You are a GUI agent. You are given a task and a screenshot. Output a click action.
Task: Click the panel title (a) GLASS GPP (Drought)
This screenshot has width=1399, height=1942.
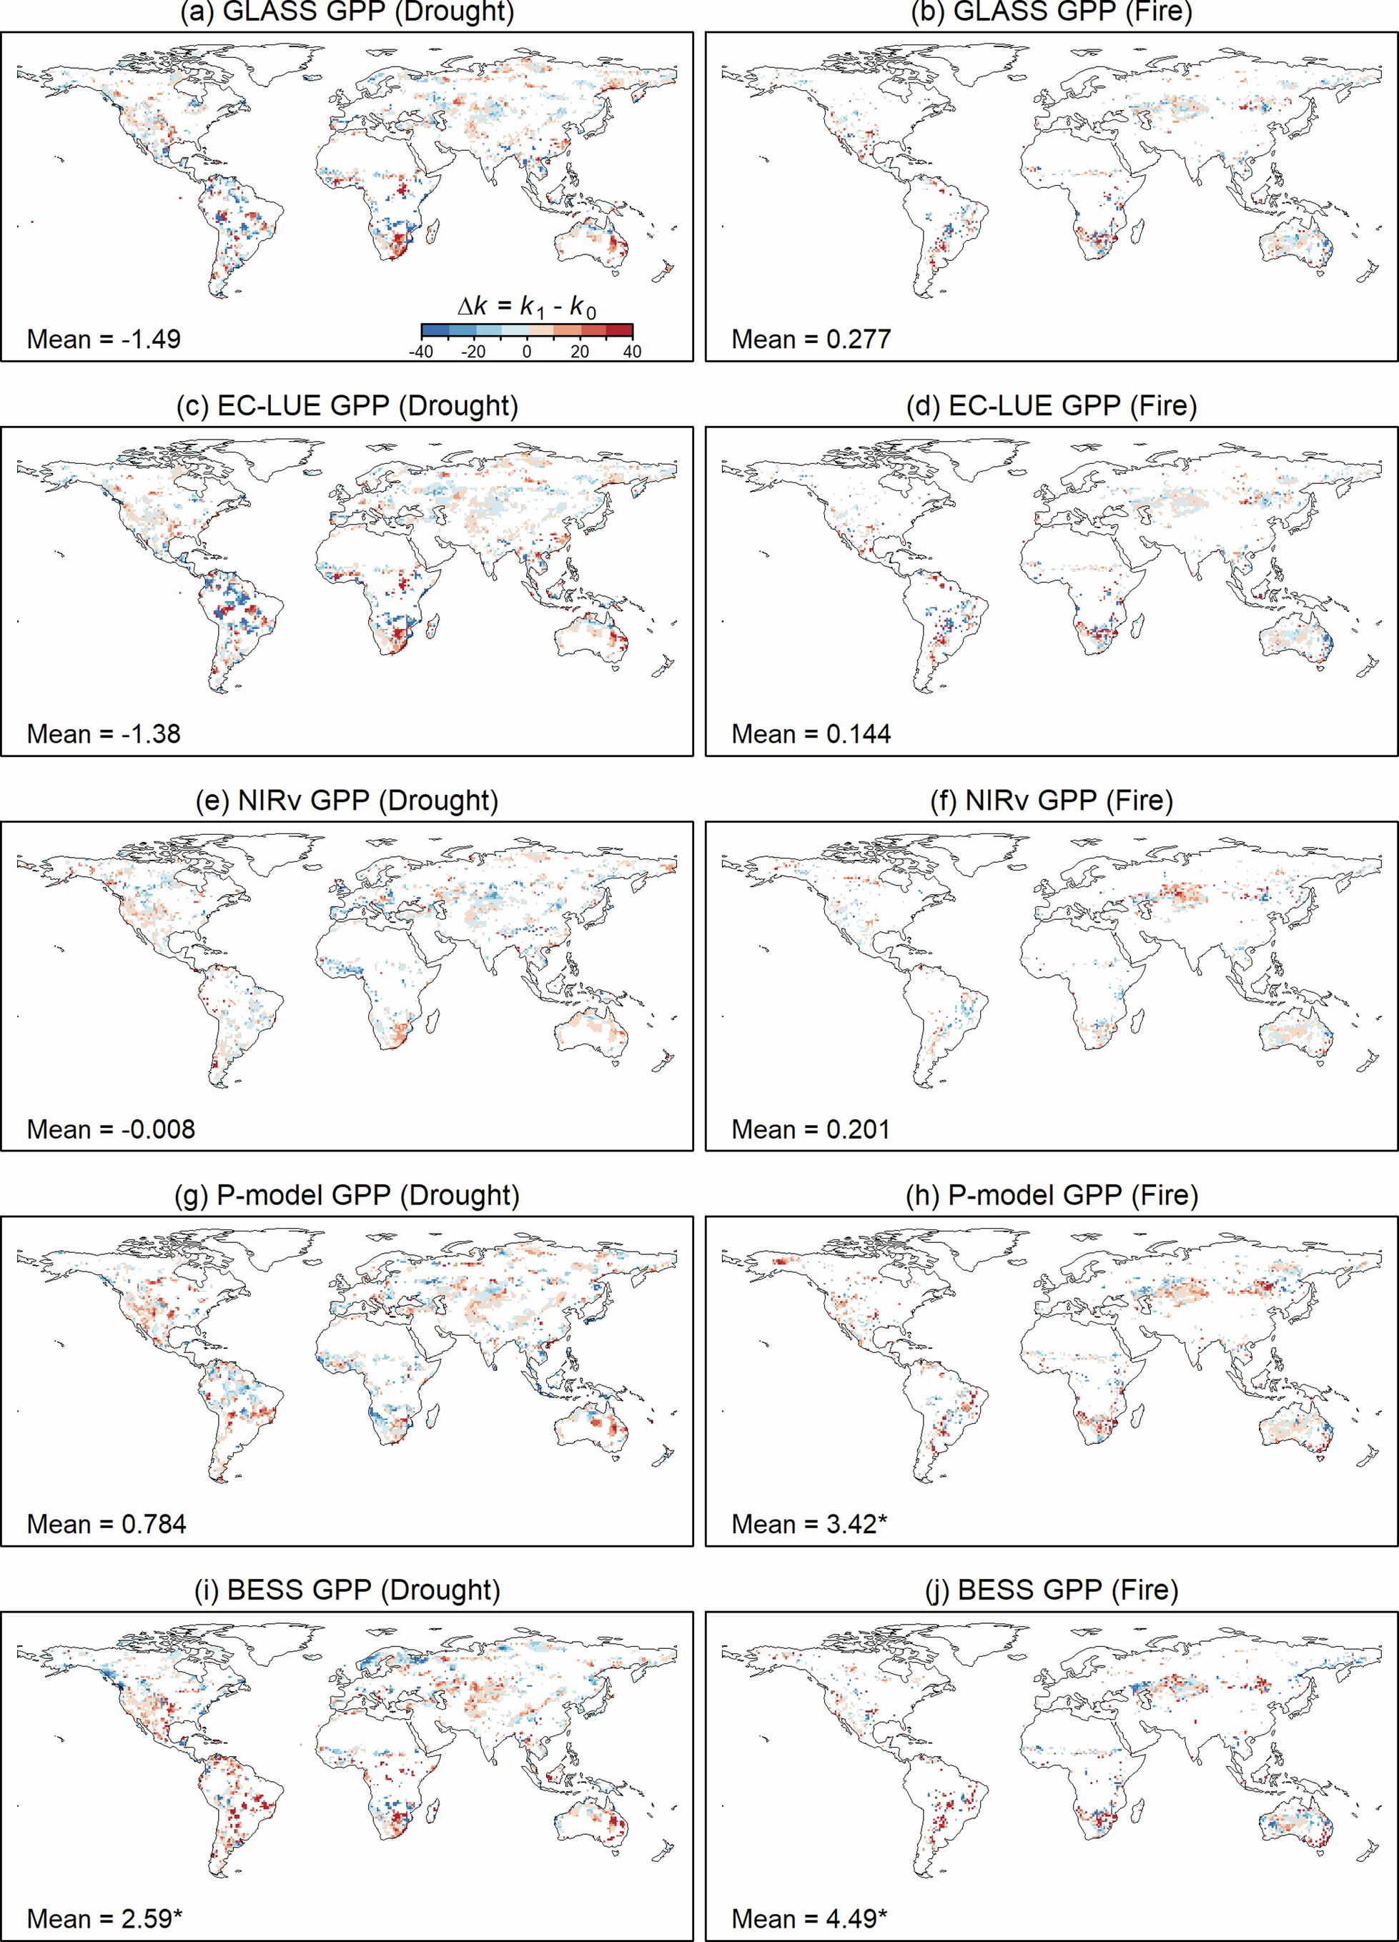pyautogui.click(x=347, y=12)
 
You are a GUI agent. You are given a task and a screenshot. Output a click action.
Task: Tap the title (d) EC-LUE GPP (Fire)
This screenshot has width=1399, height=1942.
pyautogui.click(x=1052, y=405)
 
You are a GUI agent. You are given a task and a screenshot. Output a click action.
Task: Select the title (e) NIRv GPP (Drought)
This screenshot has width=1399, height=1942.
pyautogui.click(x=347, y=800)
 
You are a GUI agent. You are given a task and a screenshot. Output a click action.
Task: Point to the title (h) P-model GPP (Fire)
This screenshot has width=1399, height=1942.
pyautogui.click(x=1052, y=1194)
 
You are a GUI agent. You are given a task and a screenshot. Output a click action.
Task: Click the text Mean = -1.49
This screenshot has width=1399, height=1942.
pyautogui.click(x=104, y=339)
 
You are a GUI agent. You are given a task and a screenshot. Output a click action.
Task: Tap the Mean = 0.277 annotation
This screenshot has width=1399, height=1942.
pyautogui.click(x=811, y=339)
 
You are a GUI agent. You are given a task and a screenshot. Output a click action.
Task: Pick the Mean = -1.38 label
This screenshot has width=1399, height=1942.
pyautogui.click(x=104, y=734)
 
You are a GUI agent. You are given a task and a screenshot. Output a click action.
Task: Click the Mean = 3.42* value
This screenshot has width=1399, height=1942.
pyautogui.click(x=809, y=1524)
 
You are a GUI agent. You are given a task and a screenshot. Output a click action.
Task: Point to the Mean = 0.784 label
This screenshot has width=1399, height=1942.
pyautogui.click(x=107, y=1524)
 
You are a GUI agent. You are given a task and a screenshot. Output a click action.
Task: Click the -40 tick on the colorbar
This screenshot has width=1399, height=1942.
pyautogui.click(x=420, y=352)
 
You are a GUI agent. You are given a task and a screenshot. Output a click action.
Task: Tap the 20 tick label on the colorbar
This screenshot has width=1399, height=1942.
pyautogui.click(x=580, y=352)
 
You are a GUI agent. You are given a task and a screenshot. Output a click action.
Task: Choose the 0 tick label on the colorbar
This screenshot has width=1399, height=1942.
pyautogui.click(x=527, y=352)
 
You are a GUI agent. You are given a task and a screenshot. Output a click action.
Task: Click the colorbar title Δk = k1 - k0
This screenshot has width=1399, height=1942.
pyautogui.click(x=527, y=307)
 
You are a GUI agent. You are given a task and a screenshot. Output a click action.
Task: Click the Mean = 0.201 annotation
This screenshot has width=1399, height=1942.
pyautogui.click(x=811, y=1129)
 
